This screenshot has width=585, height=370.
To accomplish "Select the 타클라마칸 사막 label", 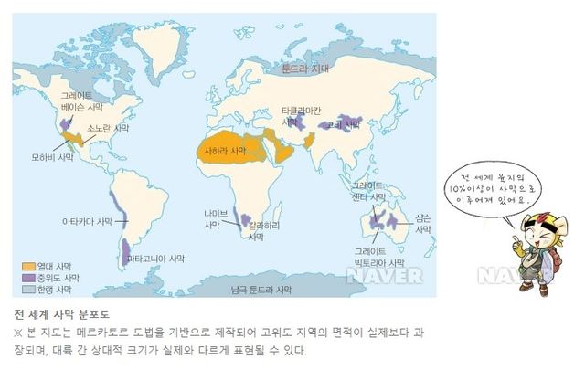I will tap(301, 115).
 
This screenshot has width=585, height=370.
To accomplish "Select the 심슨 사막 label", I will tap(422, 224).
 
